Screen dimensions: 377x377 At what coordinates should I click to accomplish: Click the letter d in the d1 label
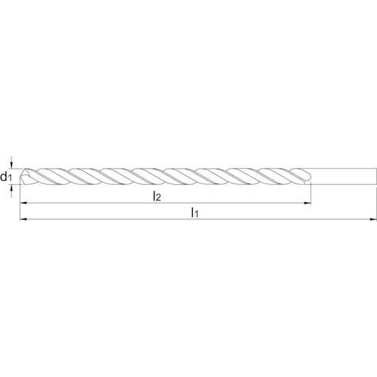click(x=4, y=176)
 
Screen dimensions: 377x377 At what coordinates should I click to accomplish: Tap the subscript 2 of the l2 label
click(x=158, y=198)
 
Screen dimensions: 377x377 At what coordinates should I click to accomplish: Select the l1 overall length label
click(x=195, y=213)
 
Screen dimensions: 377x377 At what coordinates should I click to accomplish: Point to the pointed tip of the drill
click(x=20, y=176)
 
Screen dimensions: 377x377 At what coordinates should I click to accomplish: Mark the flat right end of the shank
click(x=376, y=176)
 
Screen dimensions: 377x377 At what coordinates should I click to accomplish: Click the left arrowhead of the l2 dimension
click(x=23, y=203)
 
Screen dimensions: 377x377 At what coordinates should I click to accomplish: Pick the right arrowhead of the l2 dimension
click(x=308, y=203)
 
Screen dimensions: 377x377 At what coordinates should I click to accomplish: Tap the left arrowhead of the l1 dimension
click(x=23, y=219)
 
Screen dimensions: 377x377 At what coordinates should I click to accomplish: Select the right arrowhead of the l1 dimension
click(x=373, y=219)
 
